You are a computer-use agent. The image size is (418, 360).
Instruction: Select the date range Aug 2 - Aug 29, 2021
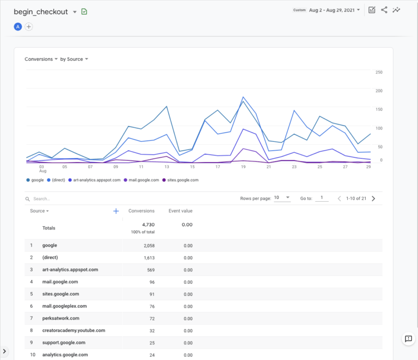[331, 10]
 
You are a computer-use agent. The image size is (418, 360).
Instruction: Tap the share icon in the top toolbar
[384, 10]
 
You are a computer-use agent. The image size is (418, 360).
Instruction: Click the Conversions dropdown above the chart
[41, 59]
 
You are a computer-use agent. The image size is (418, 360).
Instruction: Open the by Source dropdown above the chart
[74, 59]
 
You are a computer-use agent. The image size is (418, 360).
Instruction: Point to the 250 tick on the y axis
[379, 72]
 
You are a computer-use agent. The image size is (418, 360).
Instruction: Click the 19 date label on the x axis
[243, 167]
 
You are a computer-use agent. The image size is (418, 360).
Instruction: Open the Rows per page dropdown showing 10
[282, 198]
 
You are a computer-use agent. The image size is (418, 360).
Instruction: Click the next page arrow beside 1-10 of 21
[373, 198]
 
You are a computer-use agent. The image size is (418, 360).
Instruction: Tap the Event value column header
[180, 211]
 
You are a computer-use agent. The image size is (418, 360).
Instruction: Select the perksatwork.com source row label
[61, 318]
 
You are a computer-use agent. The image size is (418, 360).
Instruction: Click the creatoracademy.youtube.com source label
[73, 330]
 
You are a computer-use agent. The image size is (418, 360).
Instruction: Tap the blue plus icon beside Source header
[116, 211]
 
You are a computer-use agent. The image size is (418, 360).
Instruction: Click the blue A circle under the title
[18, 27]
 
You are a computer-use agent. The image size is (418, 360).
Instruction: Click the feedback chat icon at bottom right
[408, 339]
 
